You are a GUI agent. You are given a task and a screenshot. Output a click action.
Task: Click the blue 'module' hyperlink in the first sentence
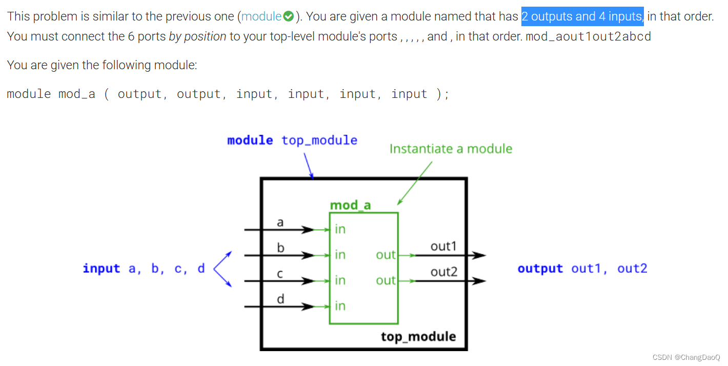tap(261, 16)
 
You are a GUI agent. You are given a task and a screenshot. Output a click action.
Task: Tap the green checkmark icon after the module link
tap(289, 16)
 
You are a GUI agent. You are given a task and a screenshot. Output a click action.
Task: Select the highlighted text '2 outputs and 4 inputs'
tap(582, 16)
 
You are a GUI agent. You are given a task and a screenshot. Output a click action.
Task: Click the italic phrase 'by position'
tap(197, 36)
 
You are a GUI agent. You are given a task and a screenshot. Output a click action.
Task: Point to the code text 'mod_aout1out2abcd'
tap(588, 37)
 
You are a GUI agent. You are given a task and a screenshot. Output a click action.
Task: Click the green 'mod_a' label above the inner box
tap(350, 205)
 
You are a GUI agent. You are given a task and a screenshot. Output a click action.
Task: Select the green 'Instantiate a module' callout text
tap(451, 149)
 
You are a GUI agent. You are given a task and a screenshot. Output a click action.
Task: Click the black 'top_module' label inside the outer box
tap(418, 336)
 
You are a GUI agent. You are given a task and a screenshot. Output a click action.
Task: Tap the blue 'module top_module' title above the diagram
tap(292, 140)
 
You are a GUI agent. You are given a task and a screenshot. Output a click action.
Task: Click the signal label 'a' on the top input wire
tap(280, 222)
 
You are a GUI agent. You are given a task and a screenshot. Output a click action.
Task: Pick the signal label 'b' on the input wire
tap(280, 248)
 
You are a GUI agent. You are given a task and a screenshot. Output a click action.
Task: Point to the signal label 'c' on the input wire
tap(280, 274)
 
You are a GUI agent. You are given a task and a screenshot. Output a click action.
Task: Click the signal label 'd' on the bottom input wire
tap(280, 299)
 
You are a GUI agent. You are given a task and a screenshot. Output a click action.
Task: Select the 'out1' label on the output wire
tap(443, 246)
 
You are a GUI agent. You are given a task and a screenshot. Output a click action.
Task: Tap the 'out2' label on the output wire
tap(443, 272)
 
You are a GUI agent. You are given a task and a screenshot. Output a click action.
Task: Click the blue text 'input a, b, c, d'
tap(144, 269)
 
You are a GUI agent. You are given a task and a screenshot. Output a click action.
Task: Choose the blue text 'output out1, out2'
tap(582, 269)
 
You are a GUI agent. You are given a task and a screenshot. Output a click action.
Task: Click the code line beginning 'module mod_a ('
tap(228, 94)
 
